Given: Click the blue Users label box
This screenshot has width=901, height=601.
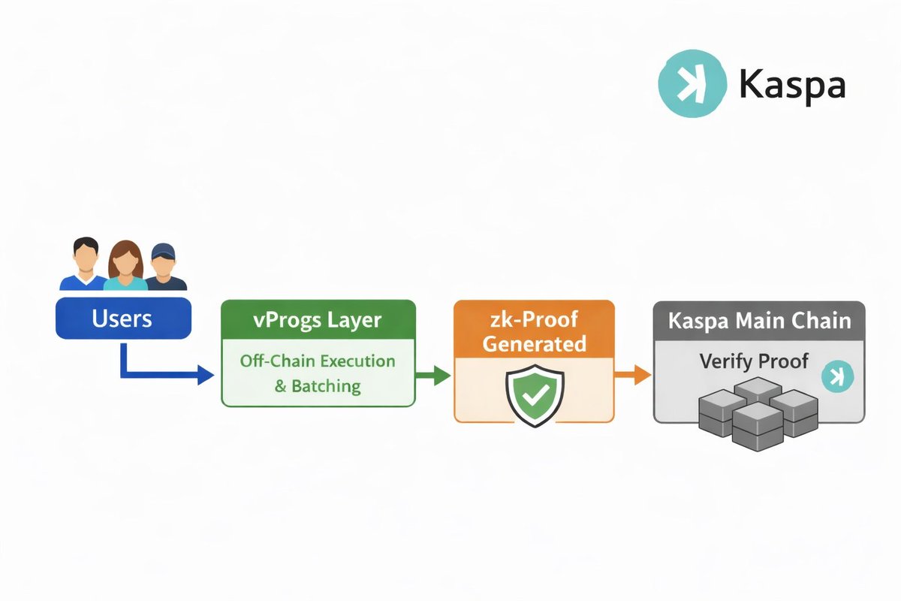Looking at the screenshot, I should pos(123,319).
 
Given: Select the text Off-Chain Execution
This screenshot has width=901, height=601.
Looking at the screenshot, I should pos(318,361).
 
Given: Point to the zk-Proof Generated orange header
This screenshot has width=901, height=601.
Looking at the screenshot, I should pos(534,331).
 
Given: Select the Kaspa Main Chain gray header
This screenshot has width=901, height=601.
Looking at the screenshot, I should pos(759,321).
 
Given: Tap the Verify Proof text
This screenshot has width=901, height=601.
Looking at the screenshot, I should pos(753,361).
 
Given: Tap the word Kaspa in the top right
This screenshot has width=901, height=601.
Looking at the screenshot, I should pos(791,84).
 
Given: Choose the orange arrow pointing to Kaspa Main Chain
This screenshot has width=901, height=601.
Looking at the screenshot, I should pos(632,374).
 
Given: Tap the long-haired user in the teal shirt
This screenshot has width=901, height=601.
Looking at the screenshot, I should pos(125,264).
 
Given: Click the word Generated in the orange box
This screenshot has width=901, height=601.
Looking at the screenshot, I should pos(534,344).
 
